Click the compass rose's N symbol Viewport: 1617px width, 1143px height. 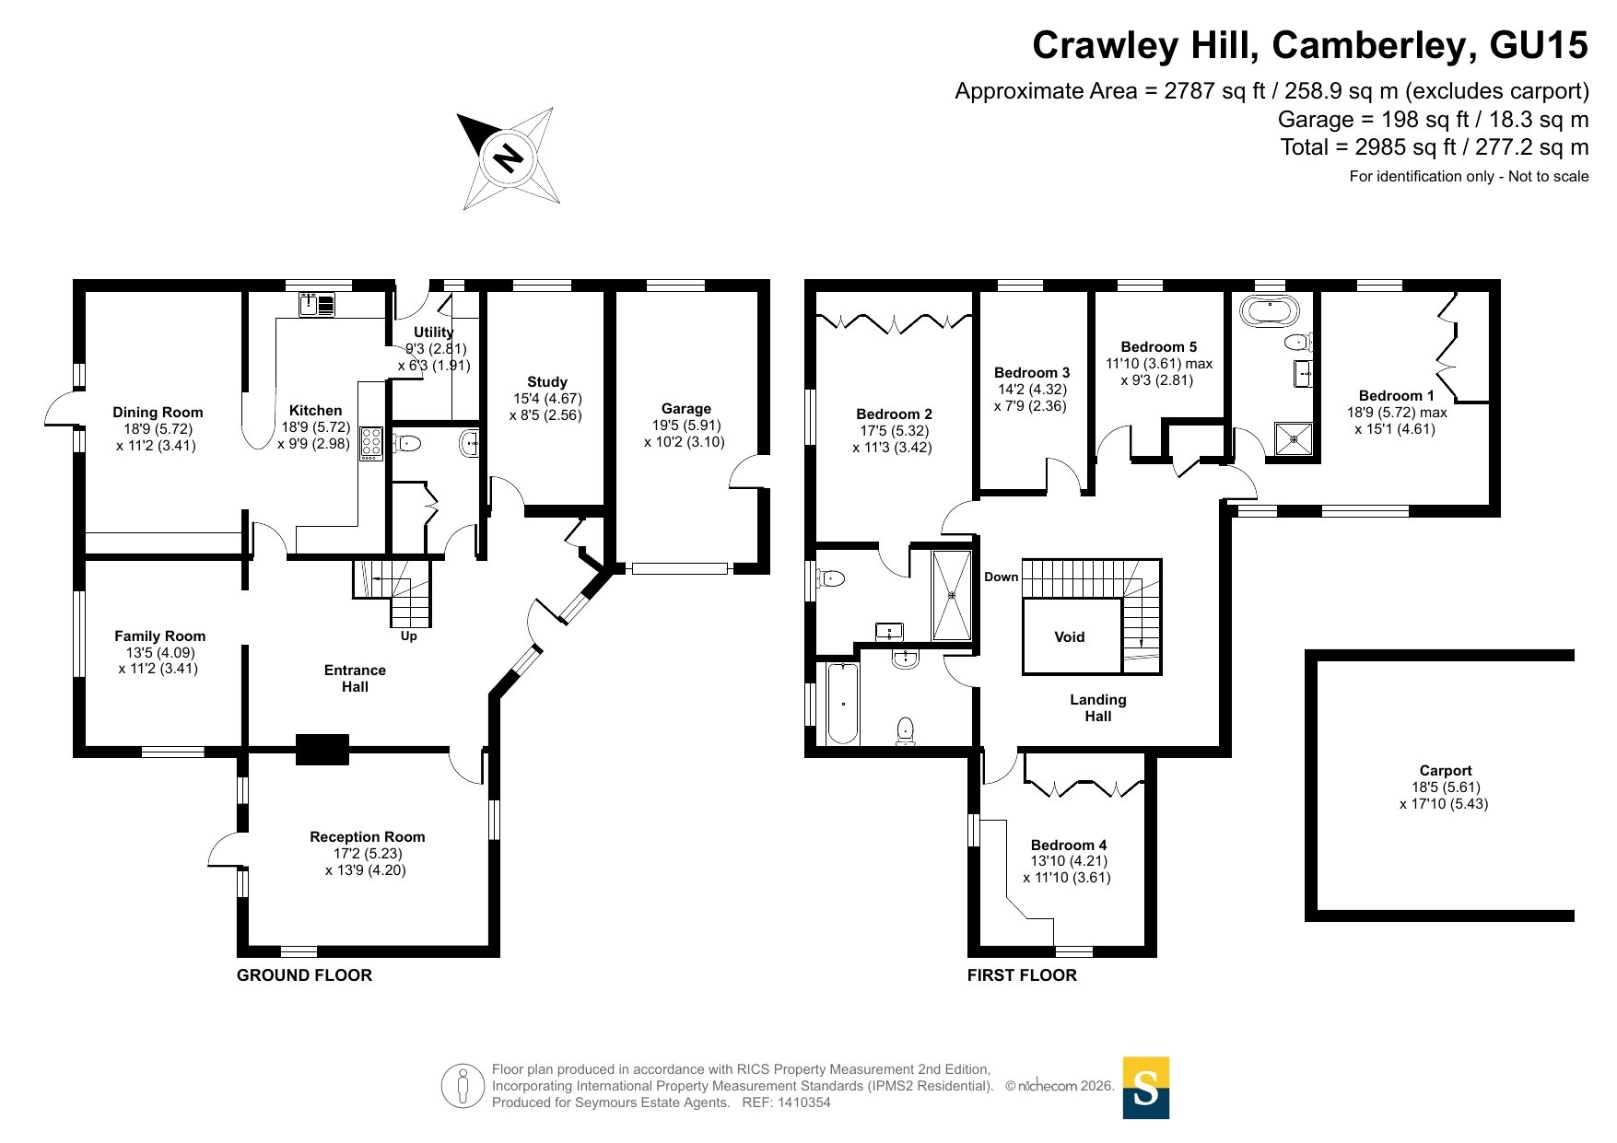click(x=508, y=157)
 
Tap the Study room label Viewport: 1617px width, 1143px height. click(x=547, y=381)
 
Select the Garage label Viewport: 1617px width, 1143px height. click(x=685, y=408)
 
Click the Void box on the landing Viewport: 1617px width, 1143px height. click(x=1071, y=636)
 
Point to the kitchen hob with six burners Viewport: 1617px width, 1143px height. click(x=371, y=443)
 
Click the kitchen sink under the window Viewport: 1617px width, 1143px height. click(x=317, y=304)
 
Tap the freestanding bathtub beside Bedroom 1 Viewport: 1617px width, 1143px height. click(x=1270, y=311)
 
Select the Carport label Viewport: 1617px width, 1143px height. click(x=1445, y=770)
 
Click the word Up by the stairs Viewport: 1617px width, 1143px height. click(x=408, y=636)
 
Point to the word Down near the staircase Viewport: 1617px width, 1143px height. click(x=1001, y=577)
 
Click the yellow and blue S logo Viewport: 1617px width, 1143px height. click(x=1145, y=1088)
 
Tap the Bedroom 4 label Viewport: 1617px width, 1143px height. click(x=1068, y=845)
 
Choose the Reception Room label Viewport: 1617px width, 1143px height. click(x=367, y=836)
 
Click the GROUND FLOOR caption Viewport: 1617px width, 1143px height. click(x=304, y=974)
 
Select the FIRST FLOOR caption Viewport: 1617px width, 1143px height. click(x=1021, y=974)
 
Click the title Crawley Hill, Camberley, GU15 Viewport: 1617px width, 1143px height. click(x=1309, y=45)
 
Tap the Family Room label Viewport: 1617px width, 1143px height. click(x=159, y=636)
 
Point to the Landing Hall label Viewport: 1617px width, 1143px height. click(x=1097, y=707)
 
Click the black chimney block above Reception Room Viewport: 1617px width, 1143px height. click(x=322, y=749)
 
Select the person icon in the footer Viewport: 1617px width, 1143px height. click(x=462, y=1086)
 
